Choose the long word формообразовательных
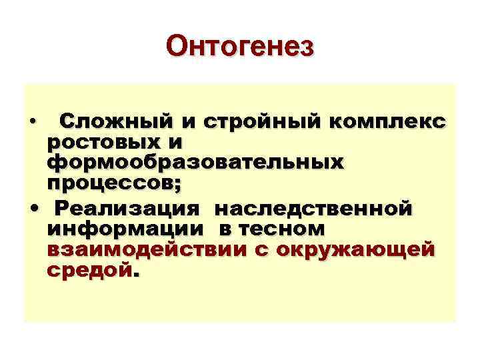[196, 162]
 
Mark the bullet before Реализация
[33, 209]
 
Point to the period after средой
[137, 273]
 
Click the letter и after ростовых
[179, 142]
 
